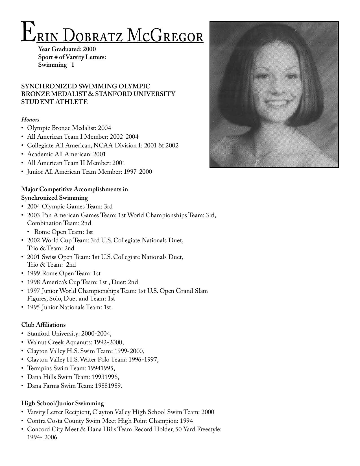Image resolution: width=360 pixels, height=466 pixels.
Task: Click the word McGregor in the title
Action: click(165, 36)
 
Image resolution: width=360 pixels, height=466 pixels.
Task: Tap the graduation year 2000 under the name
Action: click(89, 49)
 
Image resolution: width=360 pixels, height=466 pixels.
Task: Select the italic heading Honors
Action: click(30, 119)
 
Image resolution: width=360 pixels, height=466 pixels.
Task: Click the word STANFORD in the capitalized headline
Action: click(116, 94)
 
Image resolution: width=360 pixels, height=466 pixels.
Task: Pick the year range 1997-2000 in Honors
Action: click(138, 172)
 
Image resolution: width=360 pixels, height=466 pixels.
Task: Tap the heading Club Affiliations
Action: click(43, 325)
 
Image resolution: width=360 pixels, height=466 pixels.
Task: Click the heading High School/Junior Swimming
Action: click(62, 403)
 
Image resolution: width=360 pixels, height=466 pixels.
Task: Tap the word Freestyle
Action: click(209, 430)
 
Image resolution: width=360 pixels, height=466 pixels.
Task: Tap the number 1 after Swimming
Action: click(73, 65)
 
